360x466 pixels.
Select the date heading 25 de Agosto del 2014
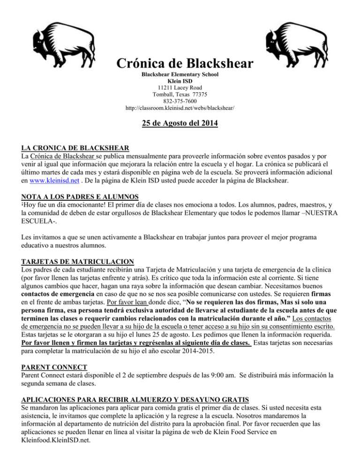pos(180,125)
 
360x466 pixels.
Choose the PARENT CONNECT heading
pos(42,348)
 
